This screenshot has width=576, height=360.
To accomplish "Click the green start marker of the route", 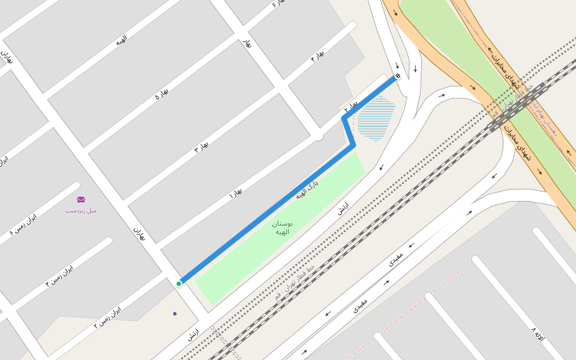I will [179, 283].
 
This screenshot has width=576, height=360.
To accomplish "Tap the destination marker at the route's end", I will [397, 76].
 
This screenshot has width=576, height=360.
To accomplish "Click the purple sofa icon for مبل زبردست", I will [81, 200].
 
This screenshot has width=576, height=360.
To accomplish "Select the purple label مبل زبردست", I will [81, 211].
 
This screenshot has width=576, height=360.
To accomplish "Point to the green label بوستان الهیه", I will [281, 227].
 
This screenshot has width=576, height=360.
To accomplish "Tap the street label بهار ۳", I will [202, 147].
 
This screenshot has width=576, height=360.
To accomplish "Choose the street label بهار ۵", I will [161, 94].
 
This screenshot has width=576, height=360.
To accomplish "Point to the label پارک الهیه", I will [307, 188].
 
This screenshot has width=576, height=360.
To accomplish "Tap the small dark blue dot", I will [175, 313].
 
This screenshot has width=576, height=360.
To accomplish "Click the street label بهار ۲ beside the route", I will [350, 107].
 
